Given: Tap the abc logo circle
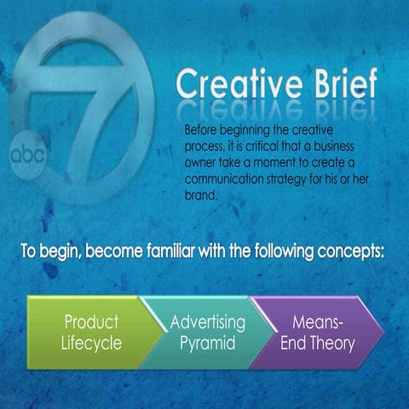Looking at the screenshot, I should click(x=28, y=156).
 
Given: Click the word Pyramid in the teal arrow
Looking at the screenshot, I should click(x=207, y=344).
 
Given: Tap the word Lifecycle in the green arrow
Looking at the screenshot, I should click(x=91, y=344).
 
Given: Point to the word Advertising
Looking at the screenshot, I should click(x=207, y=322).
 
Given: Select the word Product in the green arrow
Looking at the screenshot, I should click(x=91, y=322).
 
